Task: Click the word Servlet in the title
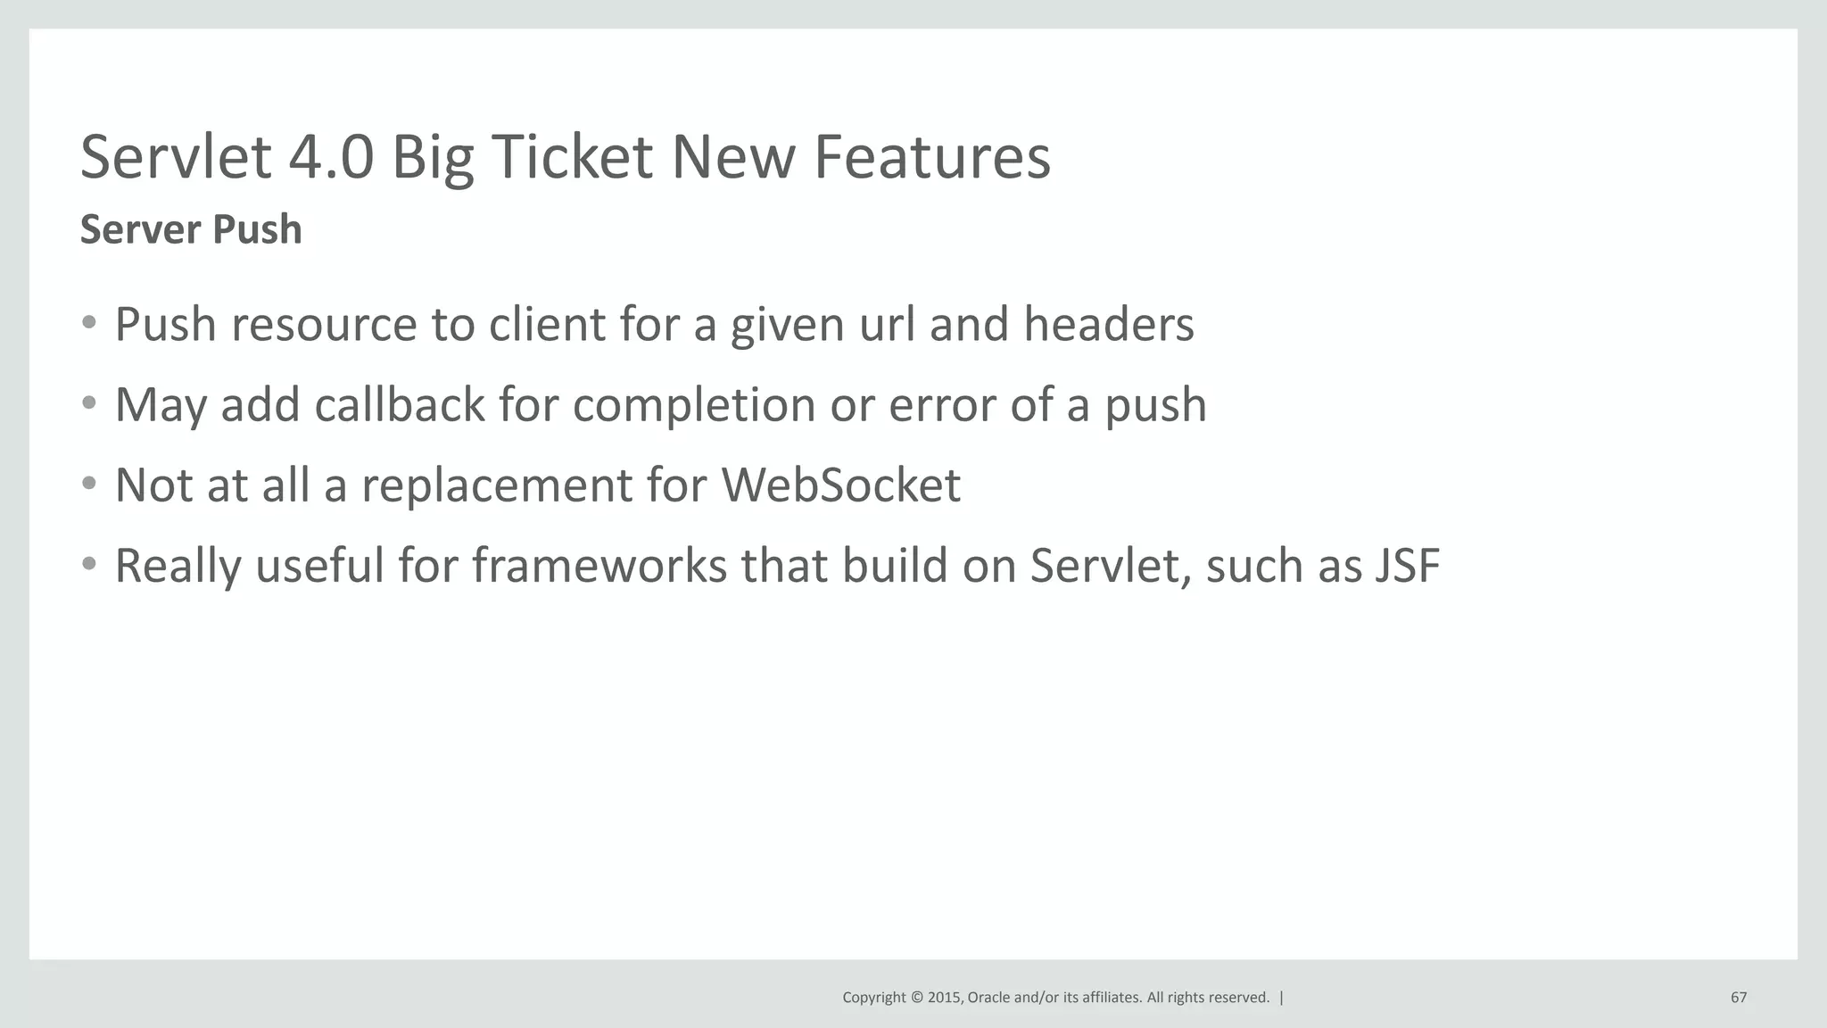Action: coord(176,157)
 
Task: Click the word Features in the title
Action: coord(931,157)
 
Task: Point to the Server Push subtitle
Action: coord(191,229)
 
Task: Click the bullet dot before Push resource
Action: coord(88,323)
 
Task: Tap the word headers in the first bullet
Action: coord(1108,324)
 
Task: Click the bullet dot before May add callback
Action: coord(88,403)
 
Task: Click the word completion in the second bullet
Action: coord(694,406)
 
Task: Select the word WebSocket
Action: coord(840,485)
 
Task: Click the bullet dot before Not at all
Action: coord(88,484)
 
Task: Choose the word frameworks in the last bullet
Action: coord(599,566)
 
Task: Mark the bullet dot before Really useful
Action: coord(88,564)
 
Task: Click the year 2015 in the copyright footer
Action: coord(945,998)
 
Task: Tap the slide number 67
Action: coord(1739,998)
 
